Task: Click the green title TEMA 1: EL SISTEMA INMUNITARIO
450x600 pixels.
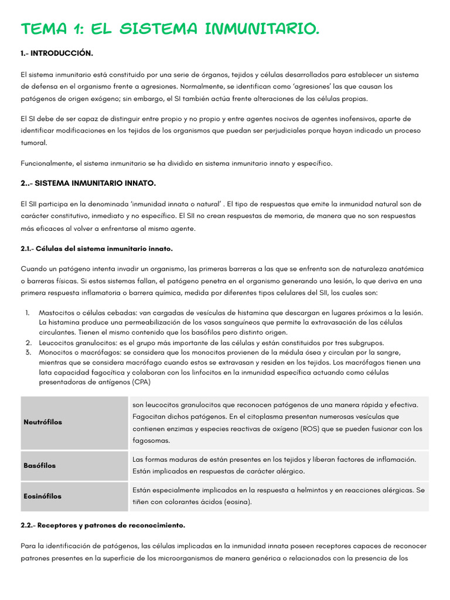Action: (170, 29)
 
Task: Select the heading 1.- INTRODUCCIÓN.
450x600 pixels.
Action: (57, 53)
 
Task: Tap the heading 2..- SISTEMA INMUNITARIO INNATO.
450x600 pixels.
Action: (88, 183)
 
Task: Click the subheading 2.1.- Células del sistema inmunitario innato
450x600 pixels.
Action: (97, 248)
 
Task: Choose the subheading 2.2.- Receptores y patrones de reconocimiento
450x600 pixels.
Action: (103, 525)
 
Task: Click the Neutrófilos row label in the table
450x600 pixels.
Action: (43, 422)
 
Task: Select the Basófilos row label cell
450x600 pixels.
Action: (40, 465)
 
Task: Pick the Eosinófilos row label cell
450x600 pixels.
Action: (42, 496)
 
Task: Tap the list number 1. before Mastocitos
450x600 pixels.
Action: (28, 313)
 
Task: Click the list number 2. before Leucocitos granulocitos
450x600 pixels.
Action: (28, 342)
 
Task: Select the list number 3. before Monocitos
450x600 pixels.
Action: (28, 352)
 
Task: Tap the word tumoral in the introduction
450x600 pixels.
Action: (33, 142)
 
